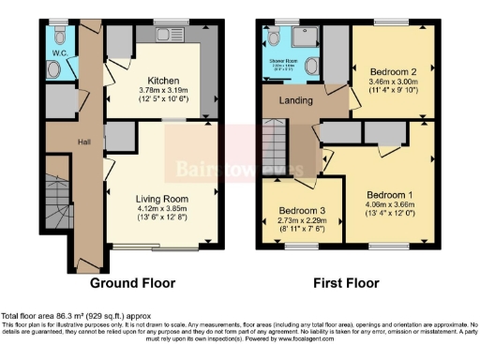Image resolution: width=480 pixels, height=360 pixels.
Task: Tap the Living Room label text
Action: (x=161, y=200)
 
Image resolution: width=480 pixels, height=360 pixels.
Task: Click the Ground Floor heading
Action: (x=133, y=282)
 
